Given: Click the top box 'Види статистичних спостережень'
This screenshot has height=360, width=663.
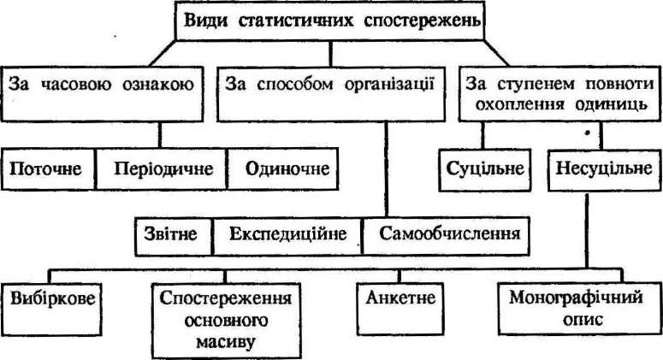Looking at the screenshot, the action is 330,21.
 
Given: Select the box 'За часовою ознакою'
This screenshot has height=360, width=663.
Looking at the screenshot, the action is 102,94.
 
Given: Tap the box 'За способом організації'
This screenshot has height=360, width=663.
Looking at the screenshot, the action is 331,94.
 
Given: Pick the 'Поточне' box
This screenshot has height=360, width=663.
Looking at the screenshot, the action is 48,168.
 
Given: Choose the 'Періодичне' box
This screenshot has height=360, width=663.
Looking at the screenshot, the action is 162,168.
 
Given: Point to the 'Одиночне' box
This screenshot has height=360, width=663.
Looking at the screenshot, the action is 282,168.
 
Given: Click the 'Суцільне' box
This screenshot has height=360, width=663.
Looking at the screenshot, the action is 484,170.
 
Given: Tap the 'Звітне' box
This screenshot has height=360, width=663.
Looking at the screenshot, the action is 174,236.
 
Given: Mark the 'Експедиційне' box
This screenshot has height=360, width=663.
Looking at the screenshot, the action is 287,236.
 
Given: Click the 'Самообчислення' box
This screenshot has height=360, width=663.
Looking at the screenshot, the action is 446,236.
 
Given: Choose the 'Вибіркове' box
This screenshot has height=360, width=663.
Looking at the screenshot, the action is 51,310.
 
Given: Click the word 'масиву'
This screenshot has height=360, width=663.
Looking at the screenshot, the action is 226,341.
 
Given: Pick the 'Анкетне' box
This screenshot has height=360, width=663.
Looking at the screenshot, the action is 400,310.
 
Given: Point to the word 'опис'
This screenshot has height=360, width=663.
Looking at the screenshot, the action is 583,319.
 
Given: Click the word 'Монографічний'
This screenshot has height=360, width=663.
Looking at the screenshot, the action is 576,298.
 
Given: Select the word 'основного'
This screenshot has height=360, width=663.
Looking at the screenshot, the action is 226,320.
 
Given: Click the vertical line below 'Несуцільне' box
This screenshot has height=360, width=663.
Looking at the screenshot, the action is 587,230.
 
